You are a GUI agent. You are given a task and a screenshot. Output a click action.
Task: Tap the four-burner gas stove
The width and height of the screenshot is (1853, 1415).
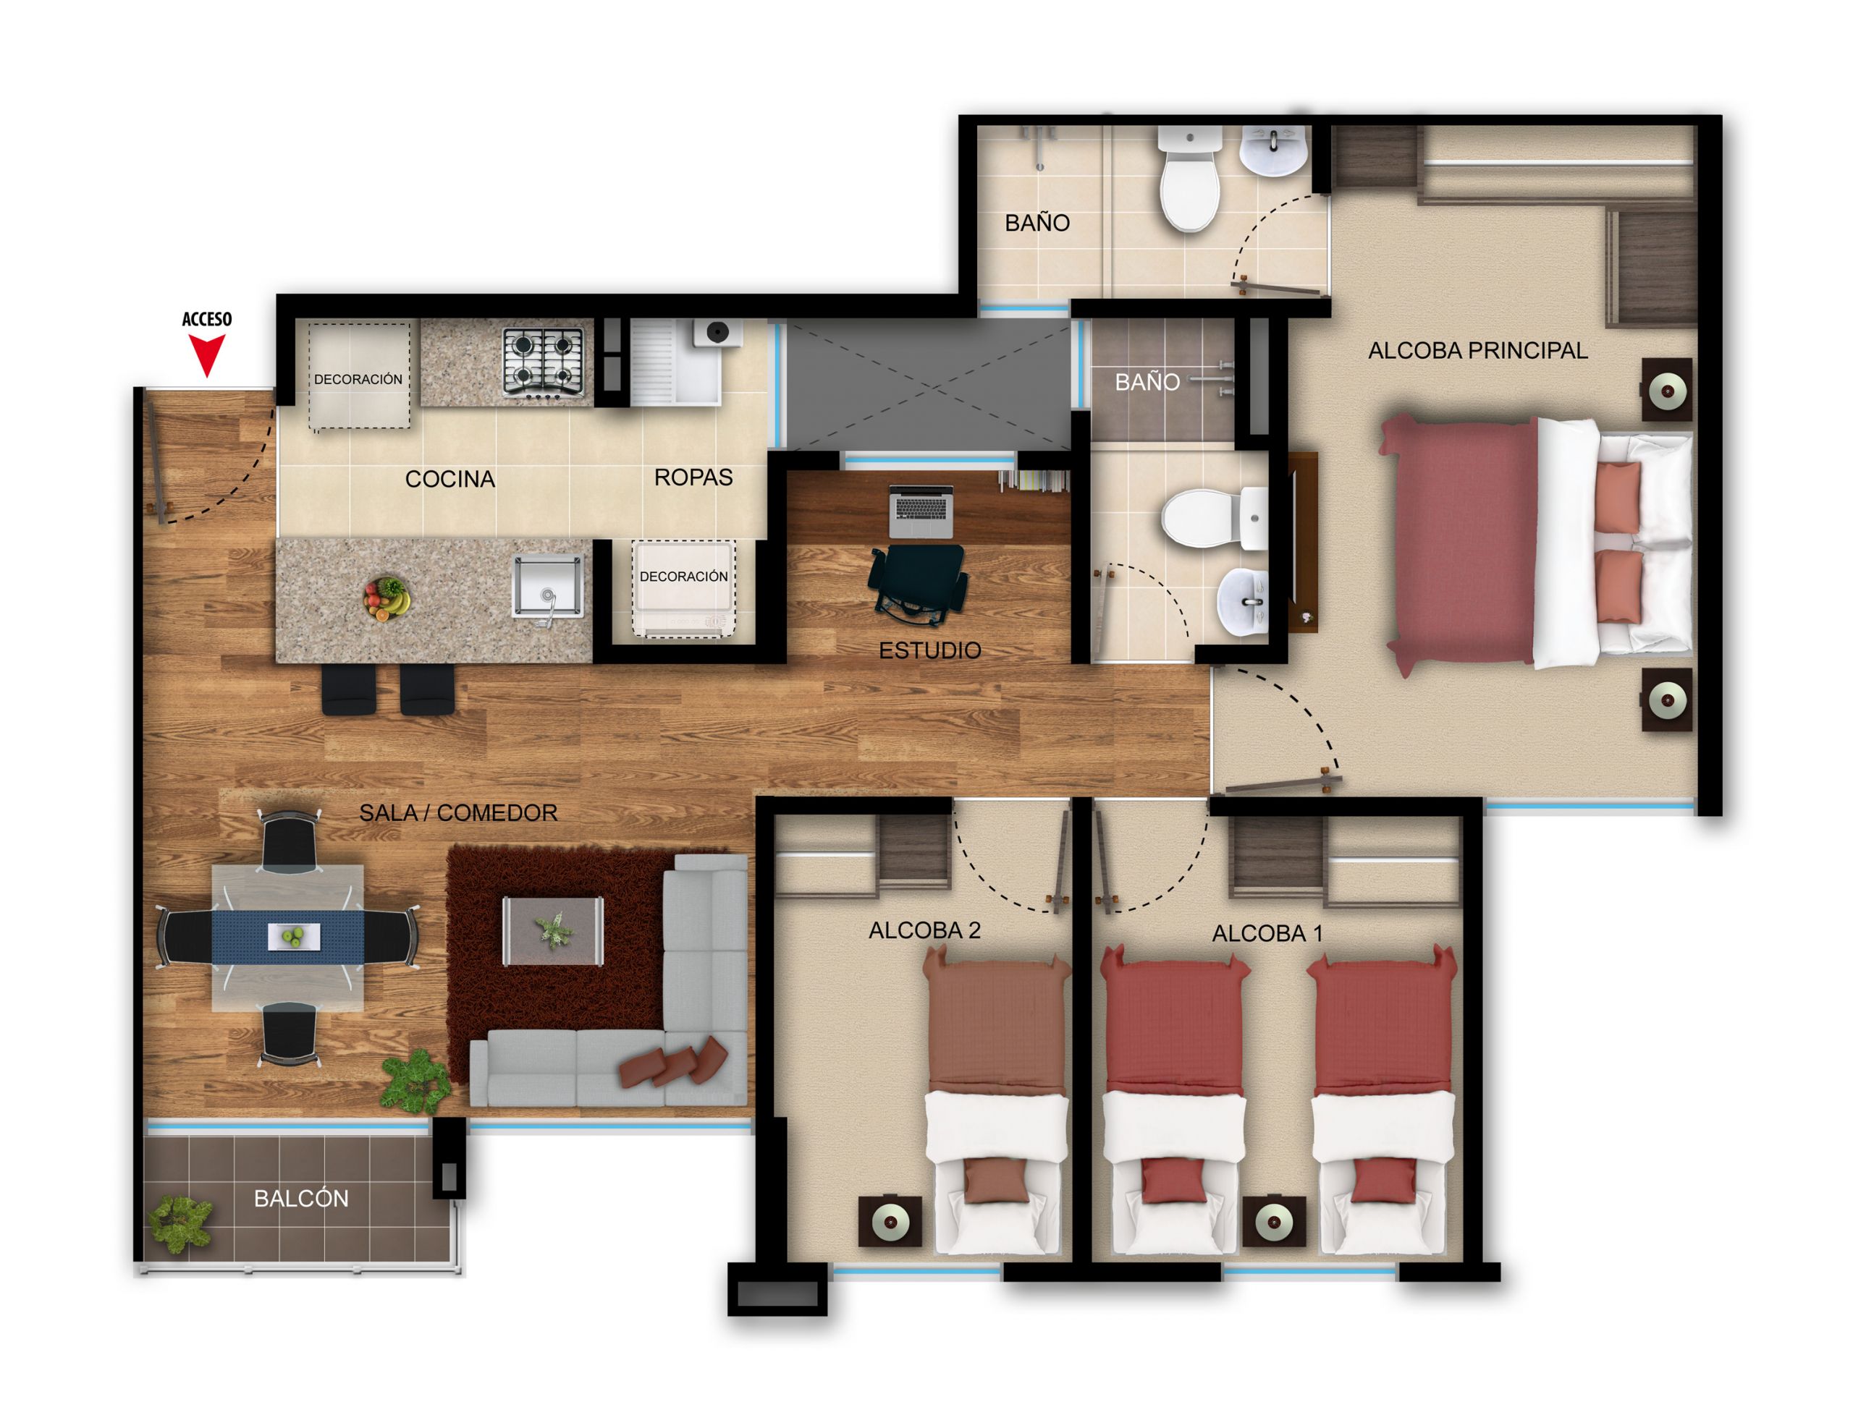click(543, 362)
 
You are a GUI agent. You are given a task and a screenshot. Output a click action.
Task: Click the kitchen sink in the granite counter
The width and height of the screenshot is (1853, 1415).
click(548, 587)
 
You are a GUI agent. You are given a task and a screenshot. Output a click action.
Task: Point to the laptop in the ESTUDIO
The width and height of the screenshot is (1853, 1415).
click(921, 511)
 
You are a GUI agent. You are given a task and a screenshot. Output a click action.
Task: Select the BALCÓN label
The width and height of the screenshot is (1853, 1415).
click(301, 1199)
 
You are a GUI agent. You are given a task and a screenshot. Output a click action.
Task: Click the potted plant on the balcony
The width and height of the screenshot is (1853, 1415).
click(180, 1222)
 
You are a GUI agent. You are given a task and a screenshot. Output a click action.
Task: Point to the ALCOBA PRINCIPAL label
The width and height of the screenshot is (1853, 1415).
click(1477, 350)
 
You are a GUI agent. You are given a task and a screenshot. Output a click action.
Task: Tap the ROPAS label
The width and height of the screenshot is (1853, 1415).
click(693, 477)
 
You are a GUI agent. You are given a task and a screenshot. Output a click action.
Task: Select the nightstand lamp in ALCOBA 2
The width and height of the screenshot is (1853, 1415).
click(890, 1221)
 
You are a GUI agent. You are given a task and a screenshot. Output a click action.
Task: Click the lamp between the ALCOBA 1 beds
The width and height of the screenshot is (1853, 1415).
click(1274, 1221)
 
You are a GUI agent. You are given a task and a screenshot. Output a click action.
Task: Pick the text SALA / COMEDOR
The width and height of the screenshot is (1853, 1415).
click(457, 813)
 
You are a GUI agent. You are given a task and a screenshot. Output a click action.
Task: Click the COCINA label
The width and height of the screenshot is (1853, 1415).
click(449, 479)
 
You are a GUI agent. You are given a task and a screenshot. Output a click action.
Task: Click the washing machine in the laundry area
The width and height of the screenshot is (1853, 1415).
click(717, 333)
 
